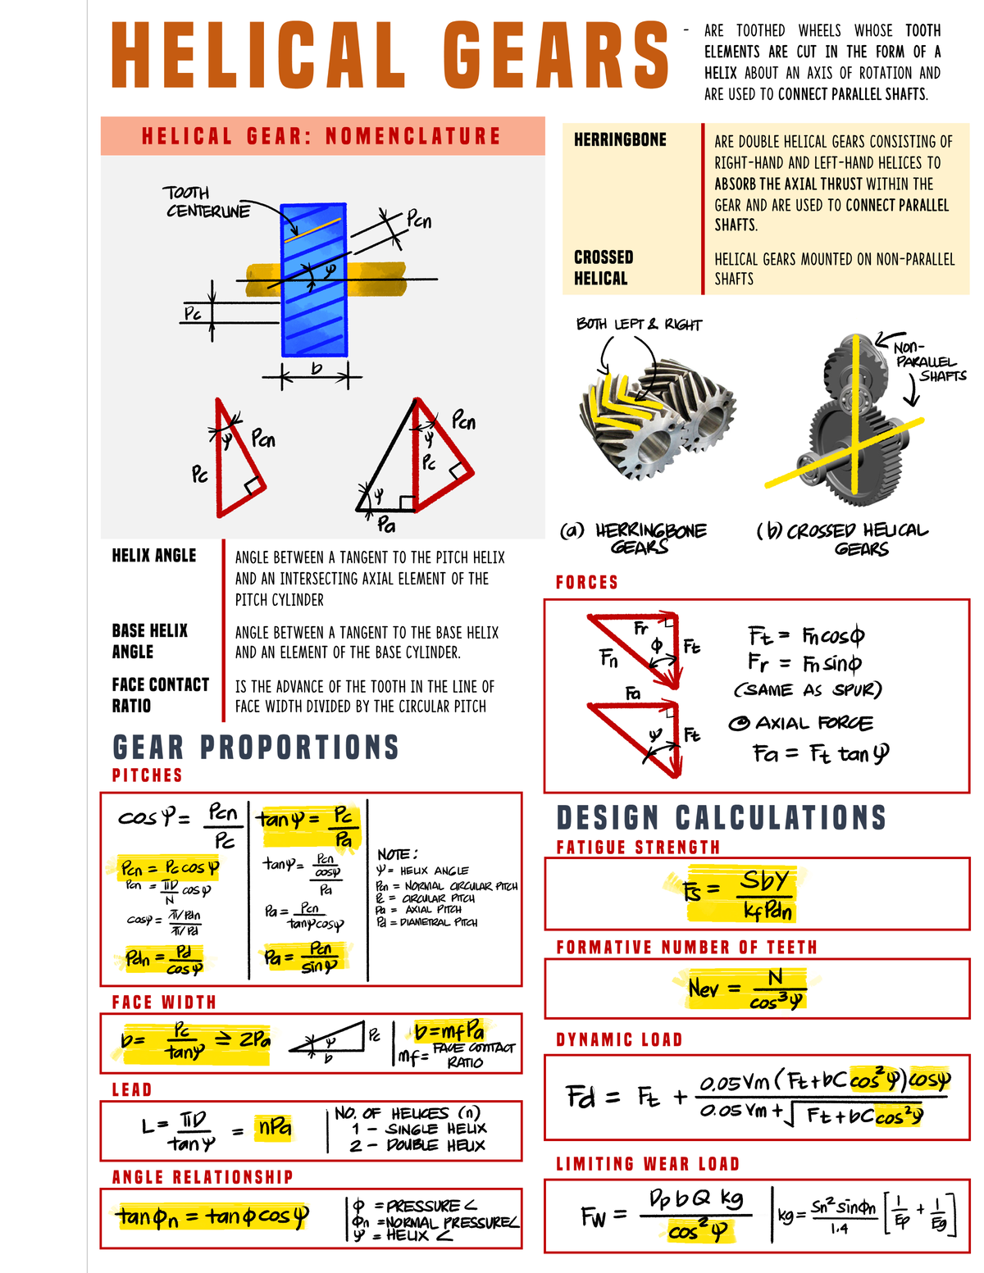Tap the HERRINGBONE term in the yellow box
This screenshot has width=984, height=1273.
tap(620, 140)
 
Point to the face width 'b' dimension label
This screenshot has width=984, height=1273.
tap(317, 369)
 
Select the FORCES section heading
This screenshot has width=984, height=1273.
tap(586, 582)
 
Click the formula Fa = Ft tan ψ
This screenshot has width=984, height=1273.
tap(820, 753)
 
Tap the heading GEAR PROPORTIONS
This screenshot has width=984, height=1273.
tap(255, 747)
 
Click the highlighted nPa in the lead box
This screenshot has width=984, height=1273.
tap(274, 1128)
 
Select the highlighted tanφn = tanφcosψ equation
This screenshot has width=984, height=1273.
tap(212, 1216)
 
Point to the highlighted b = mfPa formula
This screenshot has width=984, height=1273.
tap(449, 1030)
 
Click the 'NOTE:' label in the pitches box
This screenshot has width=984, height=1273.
tap(397, 854)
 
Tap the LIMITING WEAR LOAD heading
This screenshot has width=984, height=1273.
tap(647, 1164)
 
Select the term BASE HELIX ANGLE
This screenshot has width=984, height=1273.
tap(150, 641)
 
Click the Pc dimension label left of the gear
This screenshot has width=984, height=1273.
tap(192, 313)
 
